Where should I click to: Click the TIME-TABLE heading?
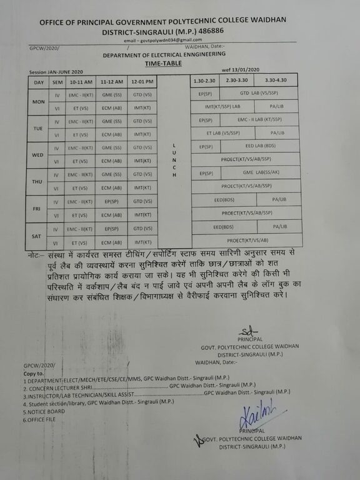point(162,63)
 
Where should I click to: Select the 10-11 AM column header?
point(81,82)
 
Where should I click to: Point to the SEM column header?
point(56,82)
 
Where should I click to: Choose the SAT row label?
point(38,236)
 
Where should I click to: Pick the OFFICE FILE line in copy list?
point(40,419)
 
